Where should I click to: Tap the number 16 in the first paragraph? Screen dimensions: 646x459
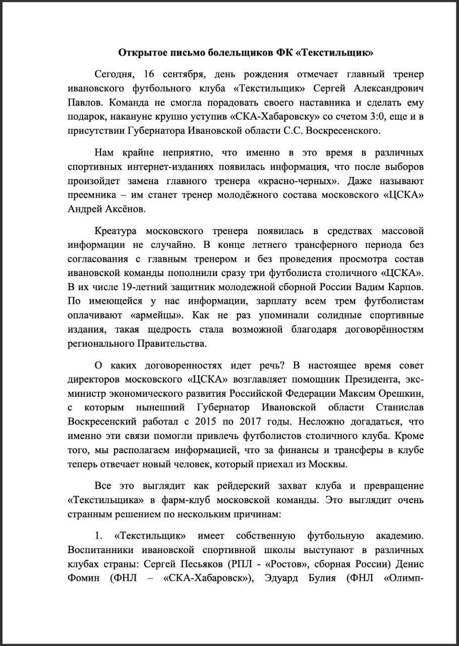tap(149, 75)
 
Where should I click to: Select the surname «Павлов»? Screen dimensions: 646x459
tap(84, 103)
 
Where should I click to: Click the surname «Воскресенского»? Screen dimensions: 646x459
tap(342, 131)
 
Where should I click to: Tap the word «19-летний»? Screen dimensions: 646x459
tap(117, 288)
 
